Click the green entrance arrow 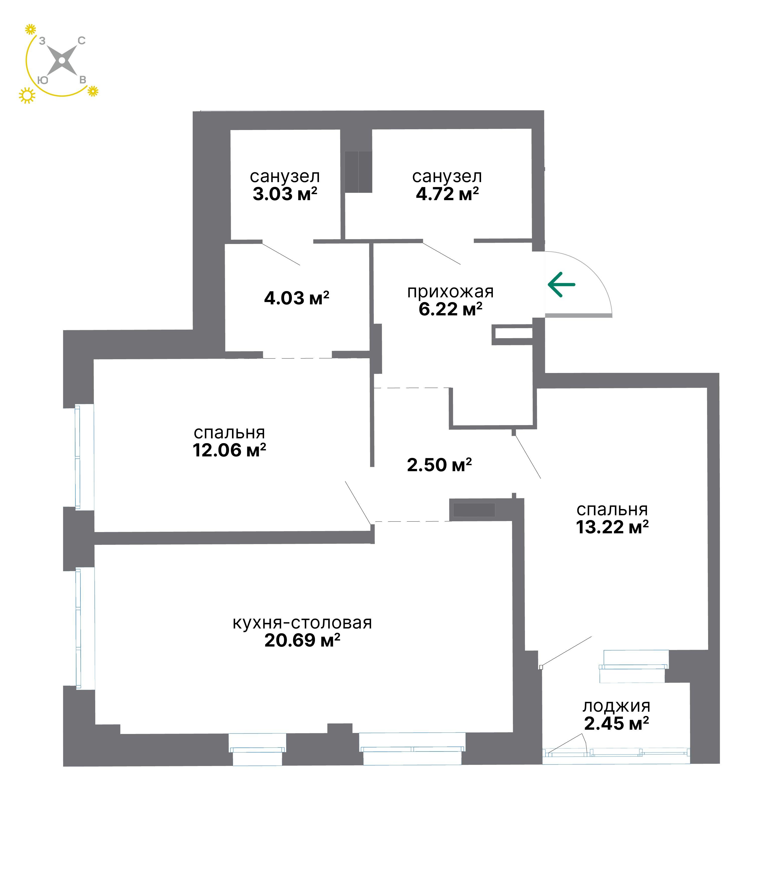[562, 284]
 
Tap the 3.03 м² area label [285, 194]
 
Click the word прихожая [451, 292]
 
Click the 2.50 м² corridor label [439, 465]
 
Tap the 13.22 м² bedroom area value [612, 527]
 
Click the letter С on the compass [81, 40]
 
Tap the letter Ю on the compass [43, 80]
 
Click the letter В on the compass [83, 80]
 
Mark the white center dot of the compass [62, 61]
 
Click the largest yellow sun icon [27, 95]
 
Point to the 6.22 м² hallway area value [451, 309]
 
